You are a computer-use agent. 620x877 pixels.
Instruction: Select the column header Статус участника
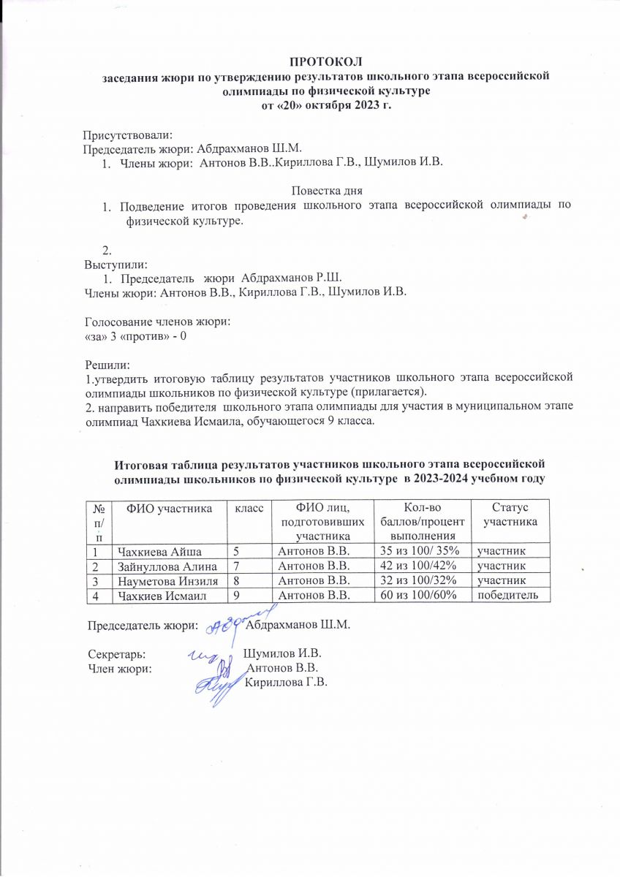(x=510, y=515)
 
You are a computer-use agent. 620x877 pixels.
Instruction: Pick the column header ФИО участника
(x=169, y=507)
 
